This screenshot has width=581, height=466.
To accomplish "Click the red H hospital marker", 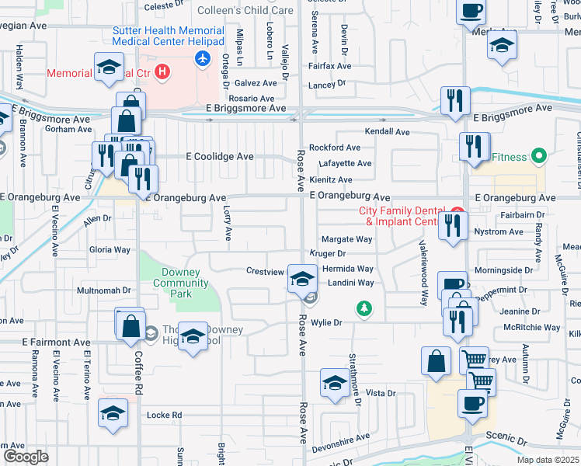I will pos(162,73).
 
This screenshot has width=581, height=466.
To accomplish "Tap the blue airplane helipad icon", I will pos(204,58).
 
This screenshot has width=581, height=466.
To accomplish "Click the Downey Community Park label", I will pos(181,283).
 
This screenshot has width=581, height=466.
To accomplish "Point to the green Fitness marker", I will pos(537,157).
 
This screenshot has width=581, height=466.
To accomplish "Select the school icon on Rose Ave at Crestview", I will pos(301,278).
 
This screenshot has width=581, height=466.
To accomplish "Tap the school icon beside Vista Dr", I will pos(335,383).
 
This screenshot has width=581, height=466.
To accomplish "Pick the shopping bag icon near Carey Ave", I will pos(436,361).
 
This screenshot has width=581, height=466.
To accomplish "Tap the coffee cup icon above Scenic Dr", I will pos(472,402).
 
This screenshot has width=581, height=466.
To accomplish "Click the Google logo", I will pos(25,457).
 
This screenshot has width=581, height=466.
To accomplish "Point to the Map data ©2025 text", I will pos(547,460).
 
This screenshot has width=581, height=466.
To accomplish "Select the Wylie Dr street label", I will pos(326,322).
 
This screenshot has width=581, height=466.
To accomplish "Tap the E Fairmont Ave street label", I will pos(56,342).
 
